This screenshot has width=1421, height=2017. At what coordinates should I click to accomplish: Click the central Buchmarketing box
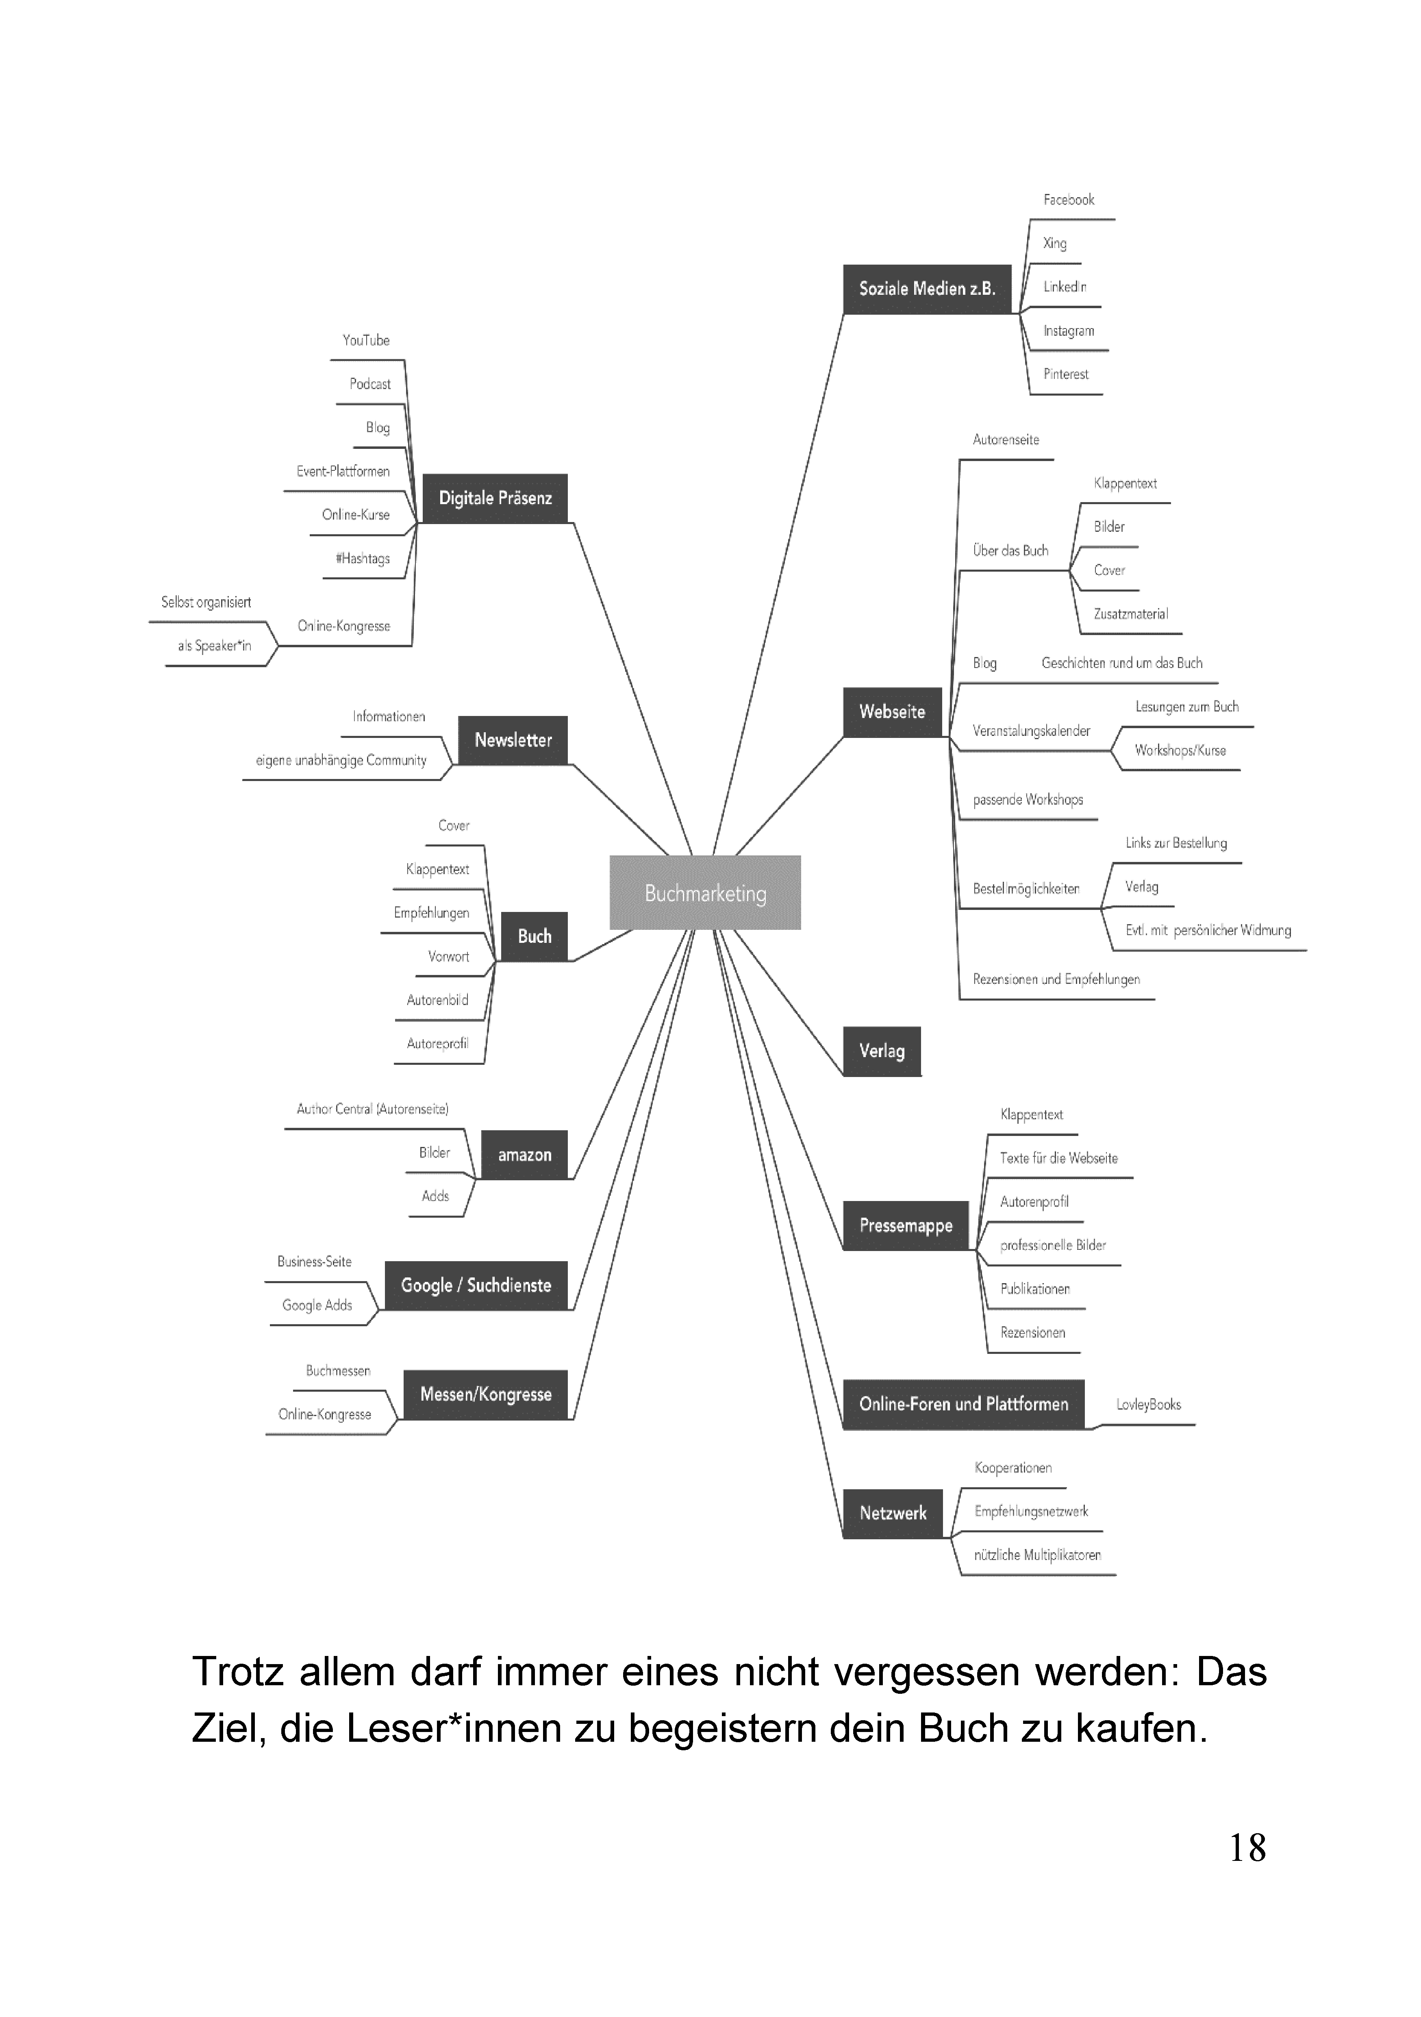(x=705, y=892)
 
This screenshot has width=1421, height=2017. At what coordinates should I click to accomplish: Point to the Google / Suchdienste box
(x=476, y=1285)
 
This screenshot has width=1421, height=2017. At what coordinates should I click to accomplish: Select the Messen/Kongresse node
(x=486, y=1394)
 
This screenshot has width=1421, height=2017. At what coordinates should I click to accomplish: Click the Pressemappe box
(x=906, y=1225)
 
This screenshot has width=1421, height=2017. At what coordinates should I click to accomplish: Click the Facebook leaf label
(x=1069, y=199)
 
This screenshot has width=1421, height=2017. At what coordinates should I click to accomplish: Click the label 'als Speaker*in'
(x=214, y=646)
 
